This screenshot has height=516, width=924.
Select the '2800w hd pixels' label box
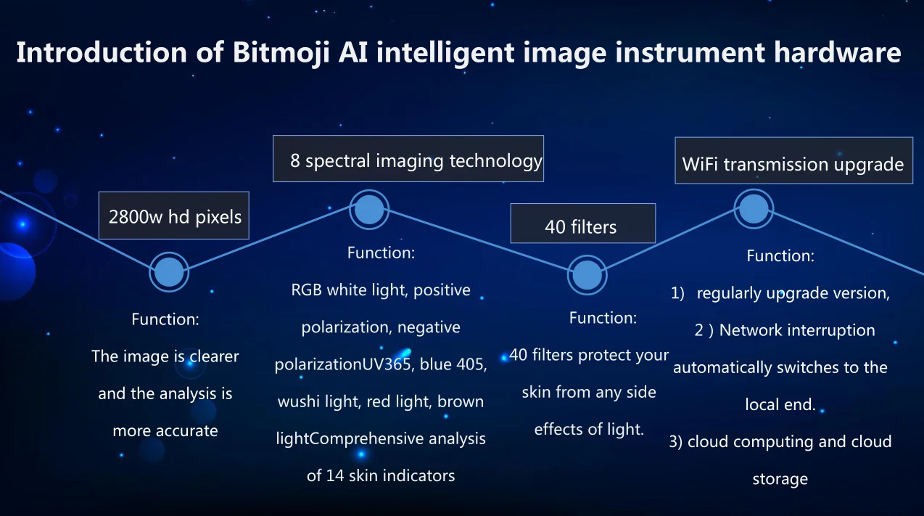click(174, 216)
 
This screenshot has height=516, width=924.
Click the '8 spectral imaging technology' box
click(408, 160)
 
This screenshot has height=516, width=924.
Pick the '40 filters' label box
click(582, 225)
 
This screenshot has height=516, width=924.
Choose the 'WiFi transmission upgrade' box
click(792, 163)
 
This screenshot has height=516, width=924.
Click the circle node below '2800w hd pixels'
click(170, 272)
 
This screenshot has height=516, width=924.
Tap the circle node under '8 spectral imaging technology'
click(369, 210)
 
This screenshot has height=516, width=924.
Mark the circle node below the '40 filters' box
click(586, 275)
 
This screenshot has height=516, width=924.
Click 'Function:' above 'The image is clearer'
click(165, 319)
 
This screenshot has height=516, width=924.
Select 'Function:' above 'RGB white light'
click(381, 253)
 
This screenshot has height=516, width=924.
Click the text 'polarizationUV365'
click(342, 364)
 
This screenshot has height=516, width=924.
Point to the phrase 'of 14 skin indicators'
click(381, 476)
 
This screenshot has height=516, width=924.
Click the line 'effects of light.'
click(589, 430)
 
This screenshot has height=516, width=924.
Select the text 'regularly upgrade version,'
click(793, 293)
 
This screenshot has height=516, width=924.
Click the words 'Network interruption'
click(797, 330)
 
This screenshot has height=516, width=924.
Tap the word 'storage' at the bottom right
click(780, 479)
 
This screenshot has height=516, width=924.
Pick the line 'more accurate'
click(165, 431)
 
